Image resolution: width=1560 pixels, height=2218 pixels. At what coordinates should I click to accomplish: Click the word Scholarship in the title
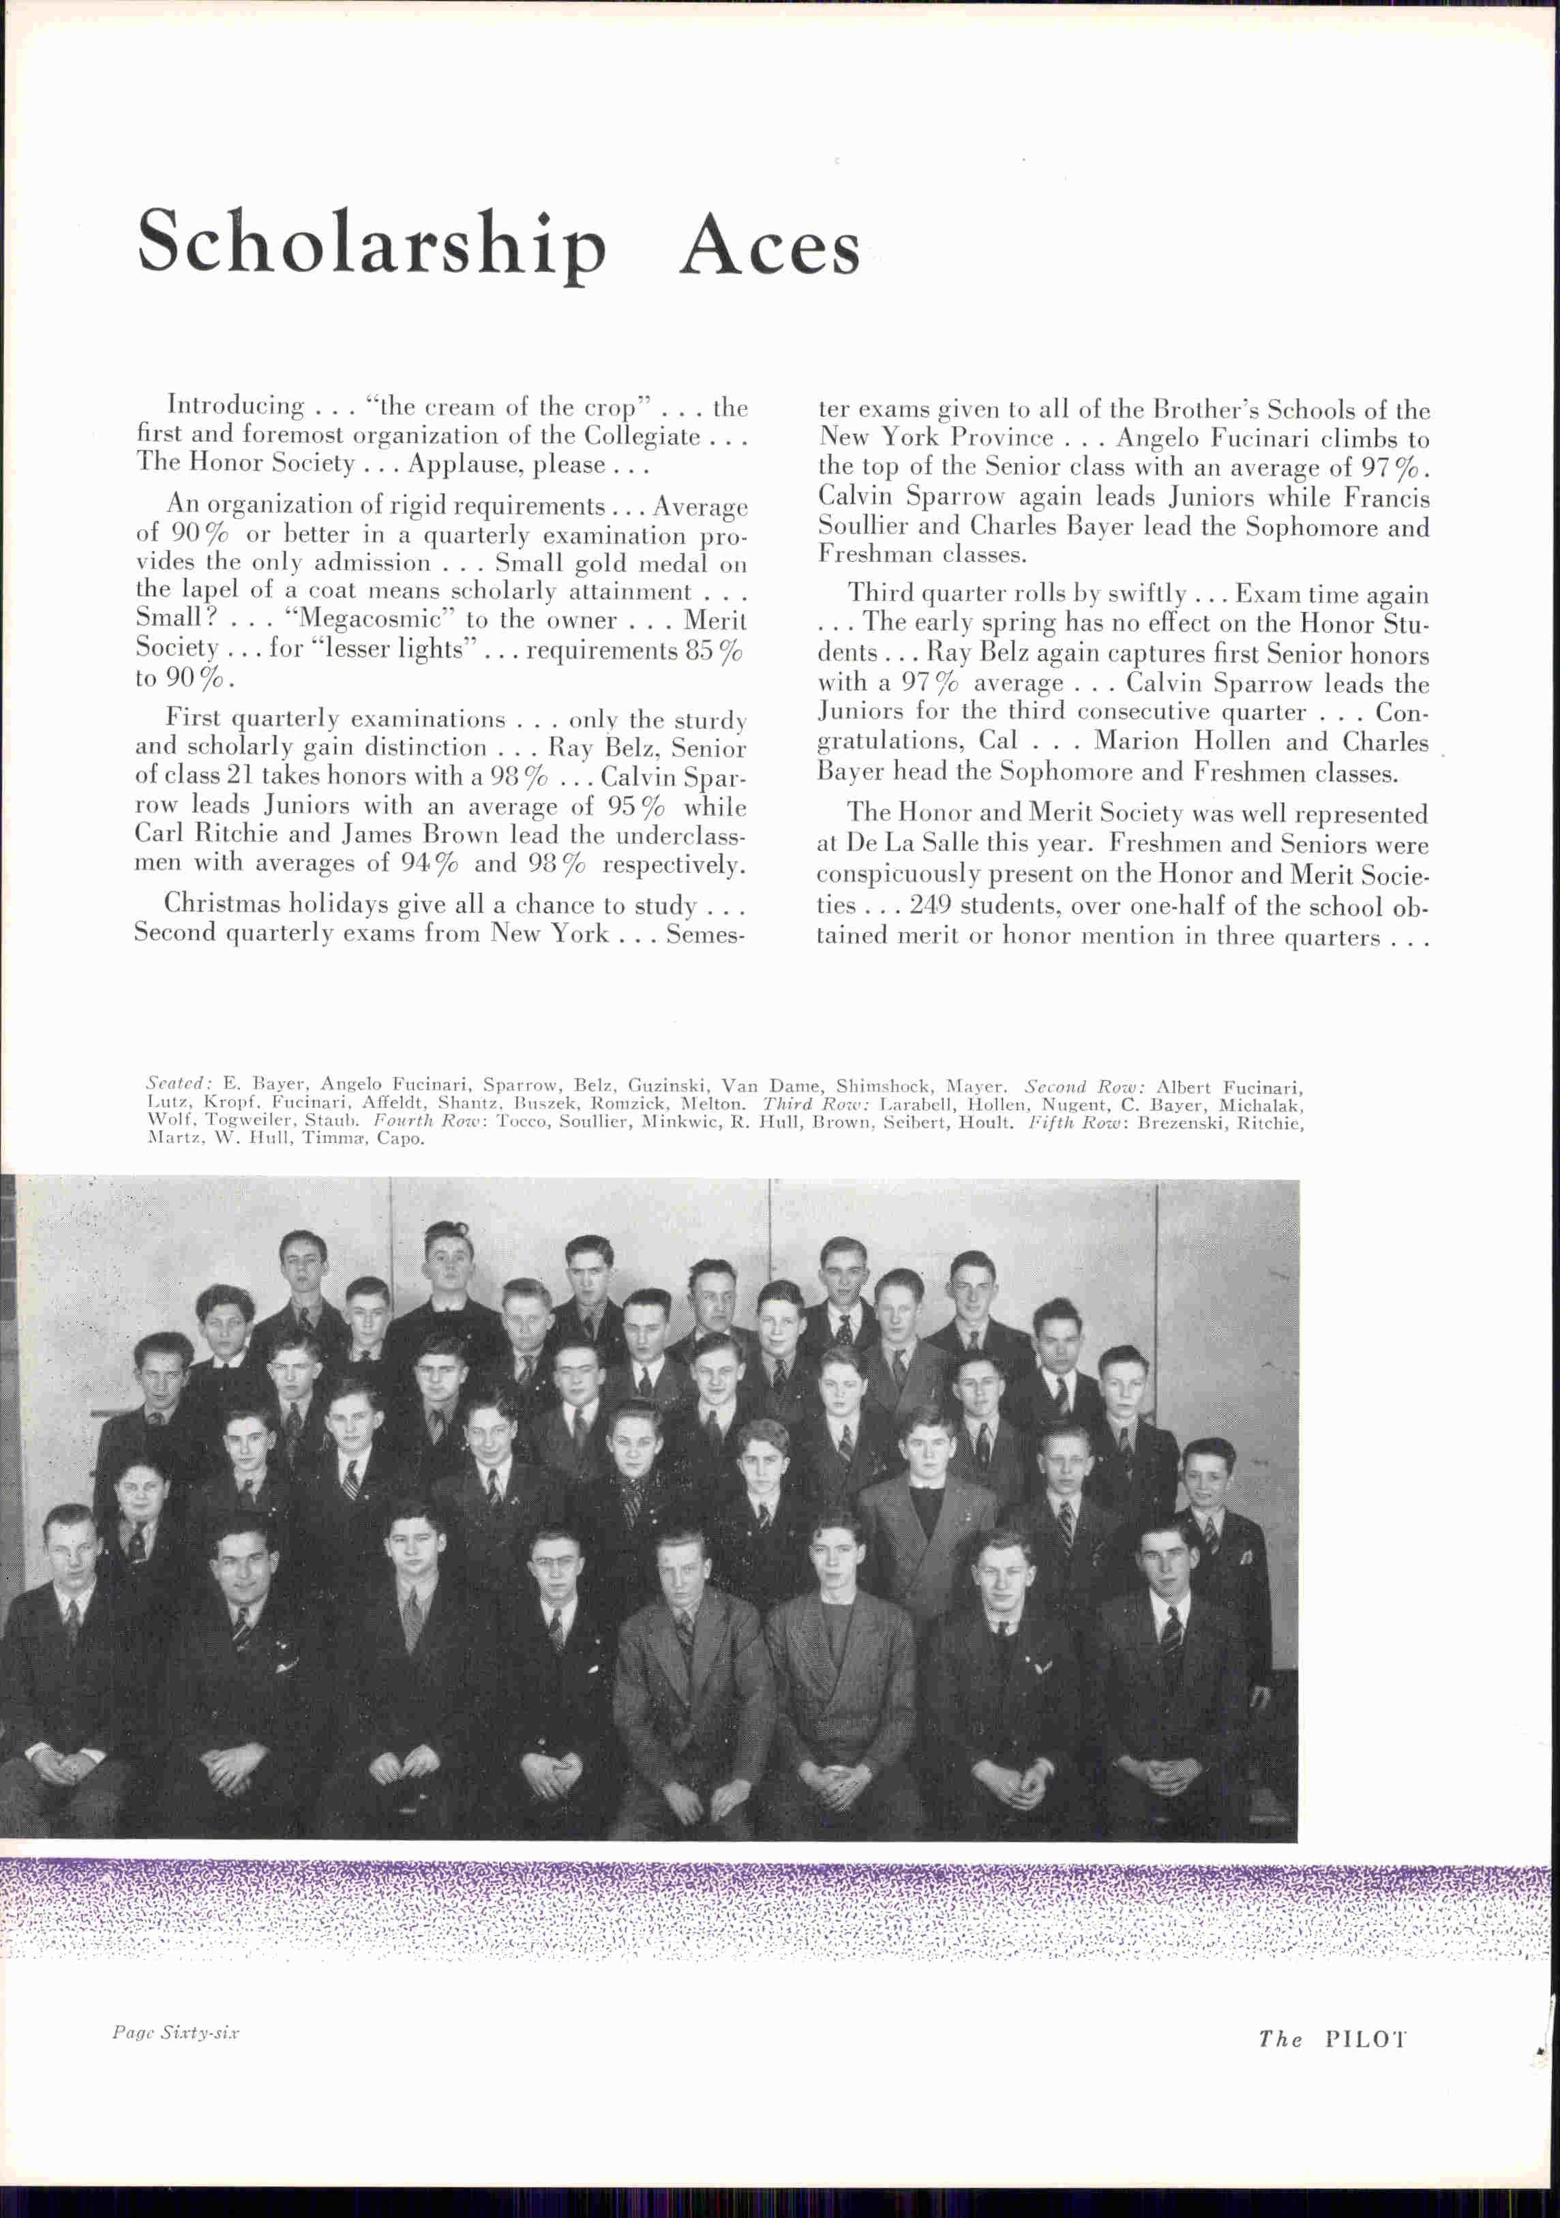pos(372,243)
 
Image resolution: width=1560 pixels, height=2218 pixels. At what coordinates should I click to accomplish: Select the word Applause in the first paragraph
pos(457,464)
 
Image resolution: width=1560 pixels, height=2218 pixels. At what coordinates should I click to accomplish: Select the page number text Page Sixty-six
pos(175,2032)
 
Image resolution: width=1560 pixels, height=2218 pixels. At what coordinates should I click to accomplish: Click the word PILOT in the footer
pos(1365,2039)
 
